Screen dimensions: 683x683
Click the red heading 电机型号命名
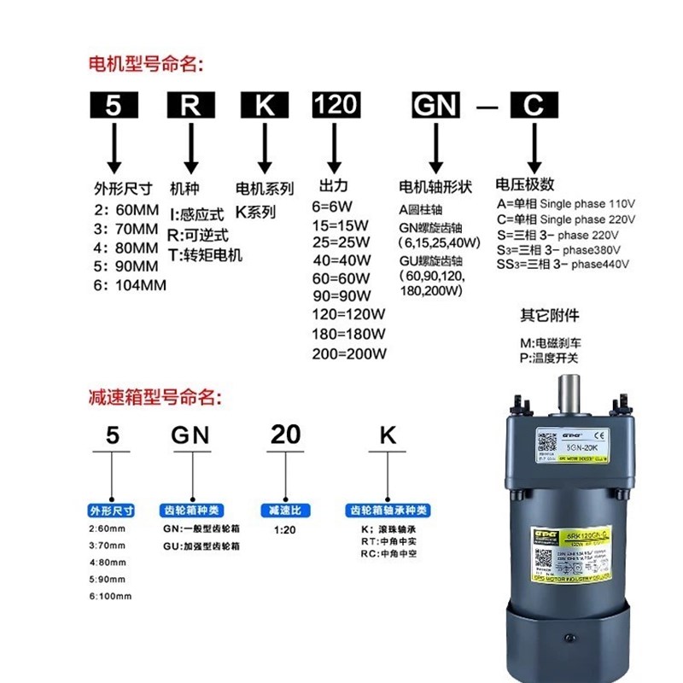coord(148,64)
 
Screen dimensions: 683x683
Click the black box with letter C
coord(533,105)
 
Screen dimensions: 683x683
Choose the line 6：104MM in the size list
coord(129,284)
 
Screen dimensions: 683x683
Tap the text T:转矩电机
coord(206,254)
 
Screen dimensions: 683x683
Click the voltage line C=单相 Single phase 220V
coord(566,219)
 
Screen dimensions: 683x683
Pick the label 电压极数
coord(525,184)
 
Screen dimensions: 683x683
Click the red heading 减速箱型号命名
coord(154,397)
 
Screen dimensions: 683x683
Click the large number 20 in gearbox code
coord(285,435)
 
